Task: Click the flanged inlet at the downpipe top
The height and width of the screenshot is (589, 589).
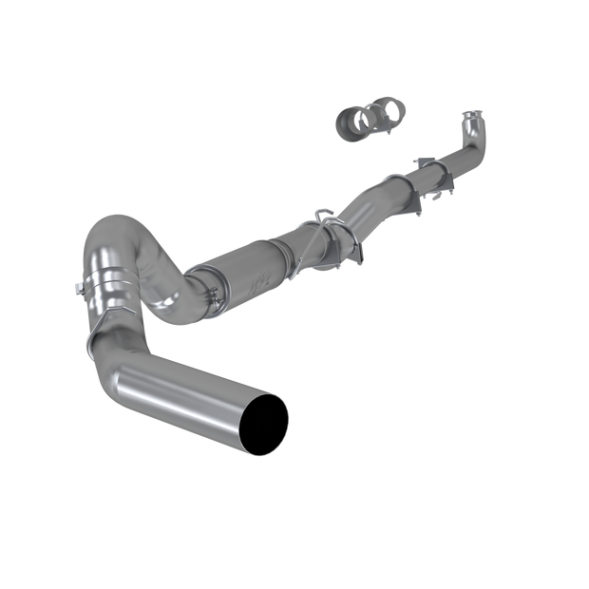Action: click(471, 122)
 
